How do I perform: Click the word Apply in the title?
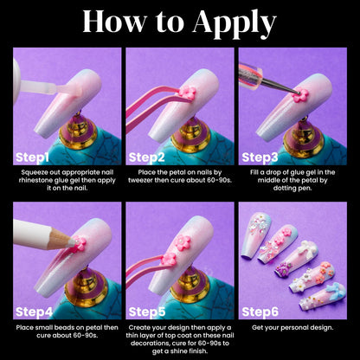[x=235, y=23]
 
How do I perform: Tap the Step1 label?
[x=32, y=157]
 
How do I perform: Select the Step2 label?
[x=146, y=157]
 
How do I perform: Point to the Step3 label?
[x=260, y=157]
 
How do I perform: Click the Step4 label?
[x=34, y=312]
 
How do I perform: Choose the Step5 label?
[x=147, y=312]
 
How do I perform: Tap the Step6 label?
[x=260, y=312]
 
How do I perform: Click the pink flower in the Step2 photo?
[x=187, y=93]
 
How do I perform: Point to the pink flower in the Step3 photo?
[x=300, y=95]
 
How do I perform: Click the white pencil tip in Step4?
[x=72, y=241]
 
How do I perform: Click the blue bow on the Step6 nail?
[x=335, y=292]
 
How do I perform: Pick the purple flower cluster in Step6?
[x=281, y=269]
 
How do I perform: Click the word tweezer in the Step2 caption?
[x=140, y=180]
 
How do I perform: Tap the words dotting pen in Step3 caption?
[x=292, y=189]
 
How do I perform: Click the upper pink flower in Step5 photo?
[x=183, y=243]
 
